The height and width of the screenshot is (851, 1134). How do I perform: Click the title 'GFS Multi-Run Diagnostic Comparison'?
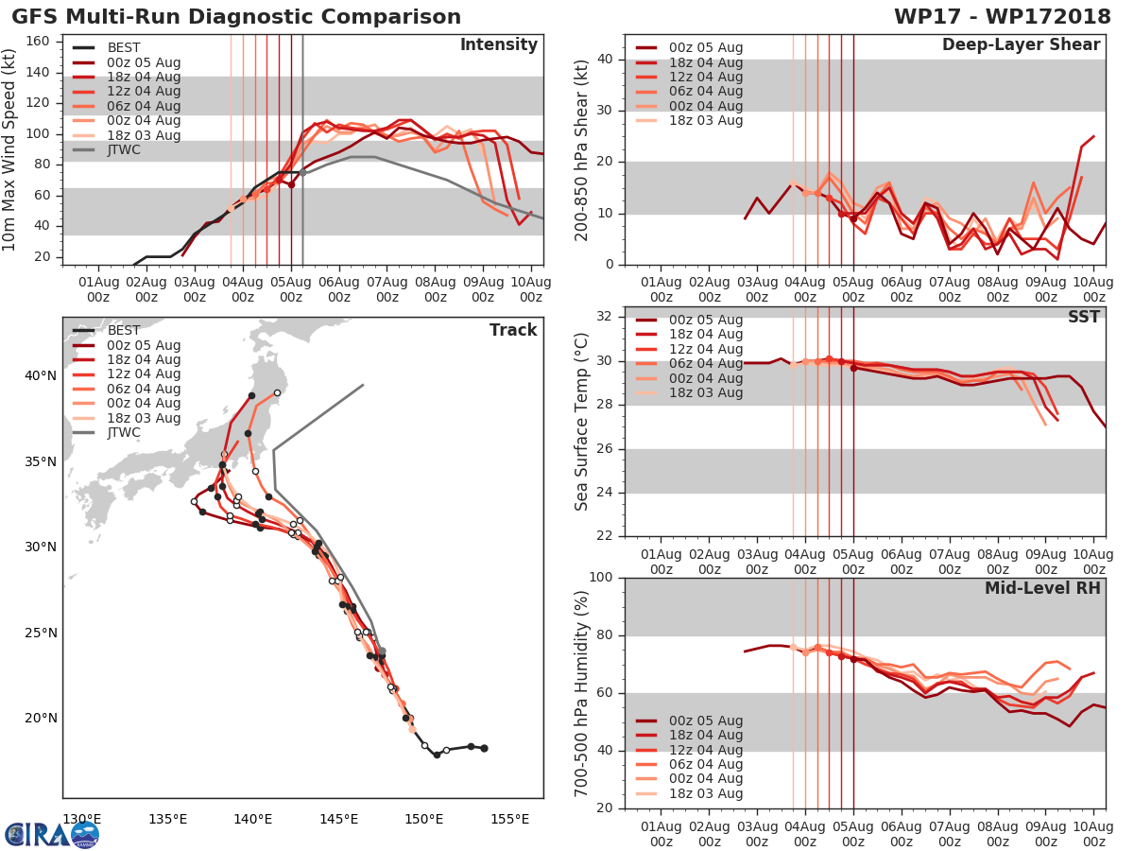tap(236, 17)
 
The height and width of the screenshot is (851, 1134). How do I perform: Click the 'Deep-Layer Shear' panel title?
tap(1021, 45)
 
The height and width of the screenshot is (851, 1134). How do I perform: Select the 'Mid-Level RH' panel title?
tap(1042, 588)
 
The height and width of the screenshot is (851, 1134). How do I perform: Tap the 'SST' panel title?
tap(1084, 317)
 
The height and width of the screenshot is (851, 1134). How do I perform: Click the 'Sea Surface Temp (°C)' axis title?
tap(582, 421)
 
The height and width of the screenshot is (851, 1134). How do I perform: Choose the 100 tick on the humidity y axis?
tap(601, 578)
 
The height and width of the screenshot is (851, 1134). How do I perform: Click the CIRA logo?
tap(51, 834)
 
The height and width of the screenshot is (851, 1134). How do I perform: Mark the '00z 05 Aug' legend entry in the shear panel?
tap(705, 47)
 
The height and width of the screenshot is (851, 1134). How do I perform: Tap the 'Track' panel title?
tap(512, 330)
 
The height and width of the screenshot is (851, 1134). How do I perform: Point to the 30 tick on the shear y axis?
tap(606, 111)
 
